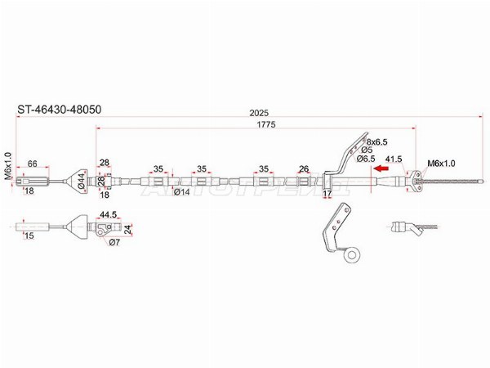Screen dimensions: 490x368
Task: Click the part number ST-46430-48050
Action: coord(60,110)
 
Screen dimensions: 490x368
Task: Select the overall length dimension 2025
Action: coord(259,113)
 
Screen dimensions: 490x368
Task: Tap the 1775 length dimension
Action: coord(266,124)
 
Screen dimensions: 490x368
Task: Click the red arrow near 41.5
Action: coord(381,168)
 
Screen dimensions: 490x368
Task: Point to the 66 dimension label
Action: coord(33,164)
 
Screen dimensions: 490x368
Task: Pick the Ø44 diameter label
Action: coord(81,181)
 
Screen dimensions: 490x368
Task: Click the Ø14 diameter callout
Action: coord(181,192)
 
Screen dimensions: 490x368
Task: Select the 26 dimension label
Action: coord(304,169)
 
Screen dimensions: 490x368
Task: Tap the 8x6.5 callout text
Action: coord(376,142)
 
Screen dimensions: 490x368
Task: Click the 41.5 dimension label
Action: coord(394,159)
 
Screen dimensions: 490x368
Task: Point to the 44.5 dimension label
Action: coord(108,214)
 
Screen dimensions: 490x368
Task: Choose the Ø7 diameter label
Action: coord(114,242)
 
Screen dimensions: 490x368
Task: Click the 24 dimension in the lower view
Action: coord(127,229)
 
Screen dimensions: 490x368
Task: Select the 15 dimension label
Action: coord(29,236)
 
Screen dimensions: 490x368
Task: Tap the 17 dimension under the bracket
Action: coord(327,194)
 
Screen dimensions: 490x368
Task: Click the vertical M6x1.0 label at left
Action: coord(8,166)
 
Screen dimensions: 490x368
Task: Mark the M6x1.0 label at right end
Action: coord(441,163)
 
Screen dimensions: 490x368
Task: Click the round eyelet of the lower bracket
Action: coord(352,255)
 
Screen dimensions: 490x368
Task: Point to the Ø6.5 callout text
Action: coord(366,159)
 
